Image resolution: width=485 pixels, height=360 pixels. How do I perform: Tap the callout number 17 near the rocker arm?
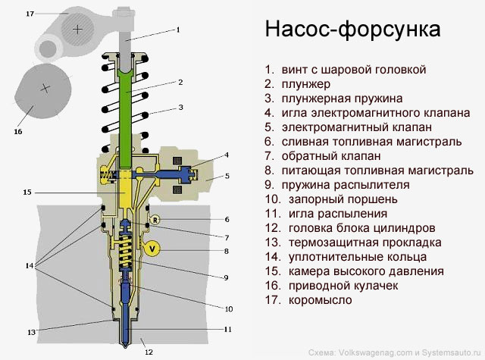(29, 14)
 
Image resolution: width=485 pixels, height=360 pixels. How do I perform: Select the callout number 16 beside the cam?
(18, 131)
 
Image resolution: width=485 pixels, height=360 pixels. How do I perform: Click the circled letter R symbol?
(155, 220)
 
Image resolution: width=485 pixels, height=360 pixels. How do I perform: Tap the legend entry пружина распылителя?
(346, 184)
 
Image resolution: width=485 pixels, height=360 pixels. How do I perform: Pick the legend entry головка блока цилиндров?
(361, 227)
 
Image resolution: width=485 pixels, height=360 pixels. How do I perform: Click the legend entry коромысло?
(321, 299)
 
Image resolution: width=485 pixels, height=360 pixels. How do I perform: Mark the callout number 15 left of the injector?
(27, 193)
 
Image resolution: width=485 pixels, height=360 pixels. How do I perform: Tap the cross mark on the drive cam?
(45, 88)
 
